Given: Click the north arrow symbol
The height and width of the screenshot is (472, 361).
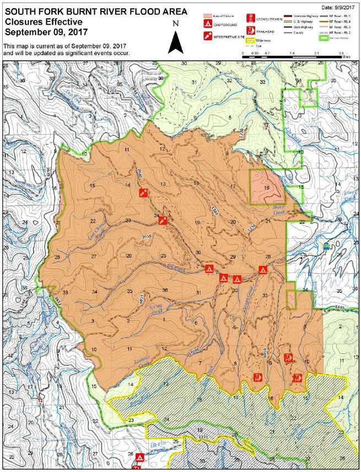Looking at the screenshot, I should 175,40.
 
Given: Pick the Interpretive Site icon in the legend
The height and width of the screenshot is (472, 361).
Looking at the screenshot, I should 208,35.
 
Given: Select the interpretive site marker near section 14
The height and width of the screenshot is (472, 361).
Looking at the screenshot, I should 143,193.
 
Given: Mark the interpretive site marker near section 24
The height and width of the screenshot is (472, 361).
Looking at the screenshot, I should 163,220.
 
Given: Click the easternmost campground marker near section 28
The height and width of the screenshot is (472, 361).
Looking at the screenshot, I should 263,270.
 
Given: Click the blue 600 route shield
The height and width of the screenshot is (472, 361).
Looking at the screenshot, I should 327,248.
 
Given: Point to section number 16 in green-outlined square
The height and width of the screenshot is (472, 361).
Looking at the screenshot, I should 267,188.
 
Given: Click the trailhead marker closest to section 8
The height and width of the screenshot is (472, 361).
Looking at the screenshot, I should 257,377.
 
